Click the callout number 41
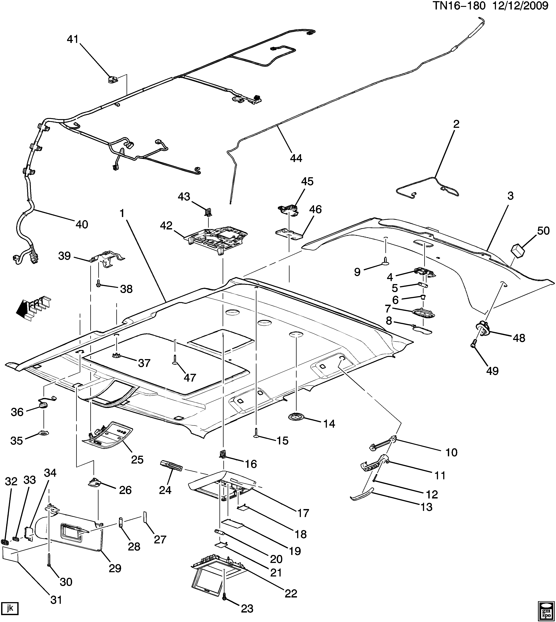point(73,39)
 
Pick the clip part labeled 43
point(209,210)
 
